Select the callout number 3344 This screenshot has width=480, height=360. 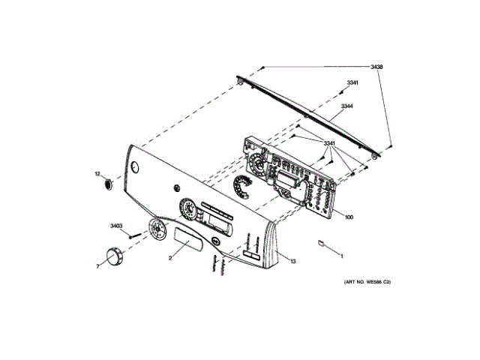click(x=346, y=106)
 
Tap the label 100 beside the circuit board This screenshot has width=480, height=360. click(x=349, y=217)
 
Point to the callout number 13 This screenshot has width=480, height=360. click(x=293, y=262)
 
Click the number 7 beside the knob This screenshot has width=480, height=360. click(x=97, y=266)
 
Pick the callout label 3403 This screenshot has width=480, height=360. click(x=115, y=226)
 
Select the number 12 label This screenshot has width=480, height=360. click(x=97, y=173)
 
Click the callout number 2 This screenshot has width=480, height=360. click(x=170, y=258)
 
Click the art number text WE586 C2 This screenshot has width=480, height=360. click(x=367, y=282)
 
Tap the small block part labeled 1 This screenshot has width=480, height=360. click(x=322, y=243)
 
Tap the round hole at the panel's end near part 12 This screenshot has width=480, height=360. click(x=133, y=166)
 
